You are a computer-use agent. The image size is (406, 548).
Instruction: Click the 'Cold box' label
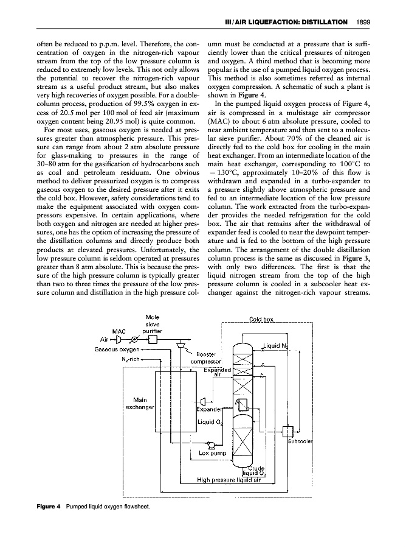(x=263, y=320)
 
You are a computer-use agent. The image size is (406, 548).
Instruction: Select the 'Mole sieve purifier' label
(x=152, y=325)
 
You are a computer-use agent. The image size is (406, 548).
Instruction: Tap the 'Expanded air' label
(x=215, y=372)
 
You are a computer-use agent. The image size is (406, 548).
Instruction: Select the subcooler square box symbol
(x=287, y=432)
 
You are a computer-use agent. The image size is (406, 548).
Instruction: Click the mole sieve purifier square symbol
(x=153, y=339)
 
